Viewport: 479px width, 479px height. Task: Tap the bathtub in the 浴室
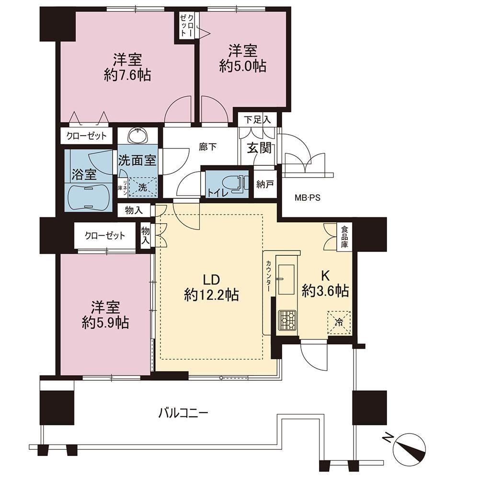coord(87,198)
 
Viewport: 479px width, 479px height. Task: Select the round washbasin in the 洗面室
coord(138,136)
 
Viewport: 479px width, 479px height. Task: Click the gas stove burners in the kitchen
coord(287,320)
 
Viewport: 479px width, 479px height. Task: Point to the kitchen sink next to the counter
coord(286,280)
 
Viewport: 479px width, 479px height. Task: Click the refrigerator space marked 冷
coord(339,322)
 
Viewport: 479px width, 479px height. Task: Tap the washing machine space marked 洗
coord(142,187)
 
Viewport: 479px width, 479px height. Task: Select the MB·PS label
coord(308,198)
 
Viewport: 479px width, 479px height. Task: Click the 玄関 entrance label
coord(259,148)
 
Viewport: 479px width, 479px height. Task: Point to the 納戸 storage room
coord(265,184)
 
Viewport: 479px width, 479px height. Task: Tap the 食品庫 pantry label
coord(344,237)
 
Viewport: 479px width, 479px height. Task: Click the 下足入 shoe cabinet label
coord(257,120)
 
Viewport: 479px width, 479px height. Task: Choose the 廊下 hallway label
coord(208,147)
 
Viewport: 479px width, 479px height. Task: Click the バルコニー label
coord(183,414)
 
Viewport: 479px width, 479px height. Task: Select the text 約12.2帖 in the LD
coord(211,296)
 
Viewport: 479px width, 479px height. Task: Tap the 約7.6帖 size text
coord(127,75)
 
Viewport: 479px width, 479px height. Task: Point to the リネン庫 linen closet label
coord(123,186)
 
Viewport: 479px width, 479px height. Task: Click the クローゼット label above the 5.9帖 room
coord(105,236)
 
